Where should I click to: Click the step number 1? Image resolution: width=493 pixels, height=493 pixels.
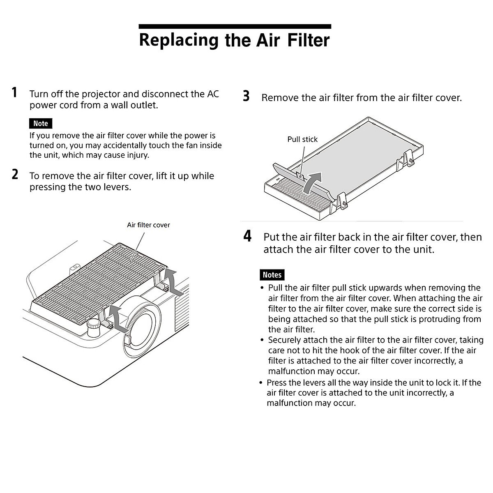tap(15, 92)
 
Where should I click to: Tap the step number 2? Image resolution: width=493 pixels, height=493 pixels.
tap(15, 175)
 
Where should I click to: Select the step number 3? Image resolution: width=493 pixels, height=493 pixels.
tap(246, 97)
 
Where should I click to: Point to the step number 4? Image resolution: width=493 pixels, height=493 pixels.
tap(247, 236)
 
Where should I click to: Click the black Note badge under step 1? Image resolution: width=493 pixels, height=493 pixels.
tap(41, 123)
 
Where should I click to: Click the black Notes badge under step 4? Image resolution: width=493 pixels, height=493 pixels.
tap(272, 275)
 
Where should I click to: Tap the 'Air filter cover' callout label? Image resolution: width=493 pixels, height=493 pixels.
tap(148, 225)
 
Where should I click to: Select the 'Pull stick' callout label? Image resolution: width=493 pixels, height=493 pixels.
tap(302, 139)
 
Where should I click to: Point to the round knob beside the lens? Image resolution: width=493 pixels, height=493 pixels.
tap(94, 327)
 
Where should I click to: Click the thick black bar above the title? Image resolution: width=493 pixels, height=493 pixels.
tap(235, 27)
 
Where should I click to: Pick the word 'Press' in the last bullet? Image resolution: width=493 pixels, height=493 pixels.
tap(277, 383)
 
